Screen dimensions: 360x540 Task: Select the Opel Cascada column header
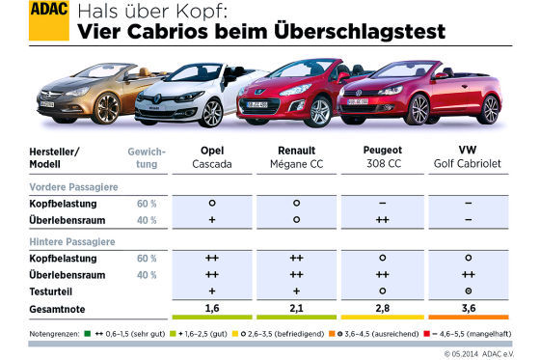point(211,157)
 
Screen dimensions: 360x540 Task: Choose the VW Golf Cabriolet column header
point(467,157)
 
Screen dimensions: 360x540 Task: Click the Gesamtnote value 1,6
point(211,307)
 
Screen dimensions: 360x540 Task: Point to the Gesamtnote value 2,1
point(297,307)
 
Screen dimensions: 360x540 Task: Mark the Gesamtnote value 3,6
point(468,307)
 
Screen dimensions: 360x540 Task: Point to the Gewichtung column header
point(147,157)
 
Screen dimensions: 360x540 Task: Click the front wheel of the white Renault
point(211,113)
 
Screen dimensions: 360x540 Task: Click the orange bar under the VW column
point(468,319)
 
